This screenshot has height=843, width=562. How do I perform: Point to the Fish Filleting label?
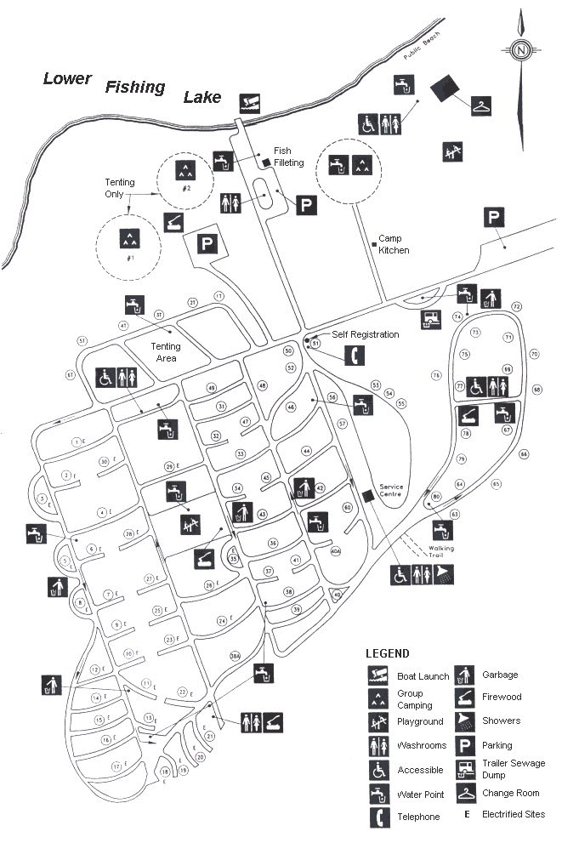coord(288,157)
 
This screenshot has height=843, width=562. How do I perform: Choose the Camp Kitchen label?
coord(394,244)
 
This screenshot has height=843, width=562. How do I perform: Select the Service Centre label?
coord(391,493)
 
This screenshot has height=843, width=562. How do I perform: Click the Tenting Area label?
coord(165,352)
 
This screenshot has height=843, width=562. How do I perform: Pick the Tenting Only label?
coord(120,188)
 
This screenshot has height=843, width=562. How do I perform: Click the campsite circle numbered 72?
coord(516,306)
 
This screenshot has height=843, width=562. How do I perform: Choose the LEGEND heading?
coord(388,653)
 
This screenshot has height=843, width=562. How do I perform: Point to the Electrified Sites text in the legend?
coord(514,814)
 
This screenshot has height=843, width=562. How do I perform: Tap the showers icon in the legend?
coord(467,721)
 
